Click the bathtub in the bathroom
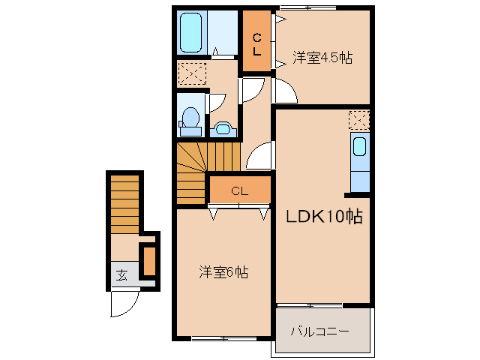pos(191,31)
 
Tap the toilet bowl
pos(190,120)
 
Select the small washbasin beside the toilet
pos(222,128)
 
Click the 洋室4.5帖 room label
pos(322,56)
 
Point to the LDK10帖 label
pos(324,217)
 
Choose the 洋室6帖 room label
pos(223,271)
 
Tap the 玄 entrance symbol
pos(121,274)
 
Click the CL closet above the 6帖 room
pos(239,190)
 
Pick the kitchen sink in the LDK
pos(360,145)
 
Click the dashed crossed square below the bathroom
pos(191,74)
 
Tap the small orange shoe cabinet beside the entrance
pos(148,260)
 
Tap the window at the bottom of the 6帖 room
pos(223,338)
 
